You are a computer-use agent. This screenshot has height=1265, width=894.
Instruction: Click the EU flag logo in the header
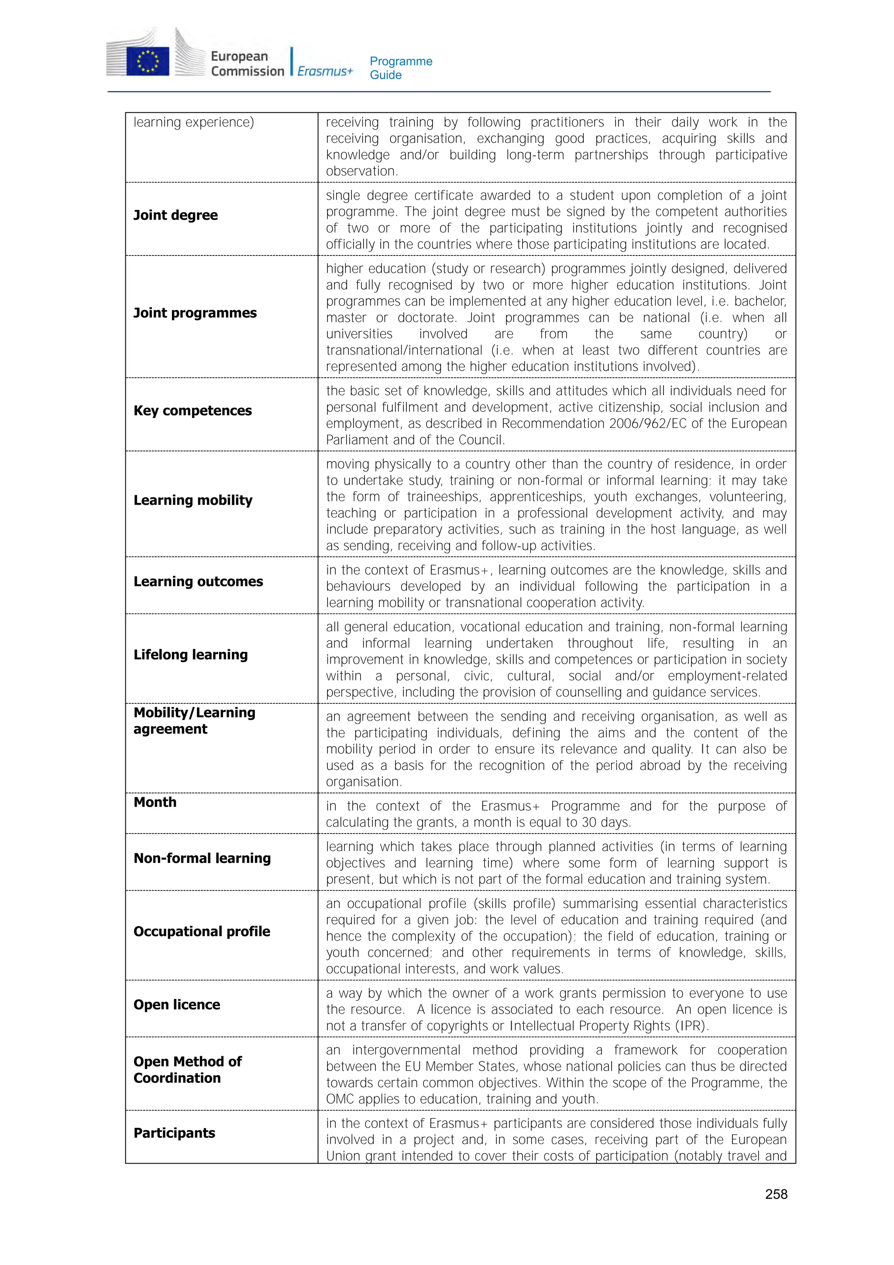point(147,60)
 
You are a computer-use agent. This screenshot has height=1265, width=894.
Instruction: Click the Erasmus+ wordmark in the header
point(324,71)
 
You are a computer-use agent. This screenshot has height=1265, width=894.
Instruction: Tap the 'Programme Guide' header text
point(400,68)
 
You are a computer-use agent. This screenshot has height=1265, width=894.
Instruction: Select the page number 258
point(776,1194)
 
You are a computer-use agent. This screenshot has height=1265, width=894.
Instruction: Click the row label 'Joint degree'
point(175,215)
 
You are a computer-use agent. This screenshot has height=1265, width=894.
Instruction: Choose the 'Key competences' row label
point(192,410)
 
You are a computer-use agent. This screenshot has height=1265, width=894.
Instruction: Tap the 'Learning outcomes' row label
point(198,581)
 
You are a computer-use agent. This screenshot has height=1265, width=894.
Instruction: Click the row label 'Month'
point(155,802)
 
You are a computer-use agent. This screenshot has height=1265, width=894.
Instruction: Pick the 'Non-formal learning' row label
point(202,858)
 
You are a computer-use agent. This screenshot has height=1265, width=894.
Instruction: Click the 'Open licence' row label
point(176,1004)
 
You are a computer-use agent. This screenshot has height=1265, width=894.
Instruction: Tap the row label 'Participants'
point(174,1133)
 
